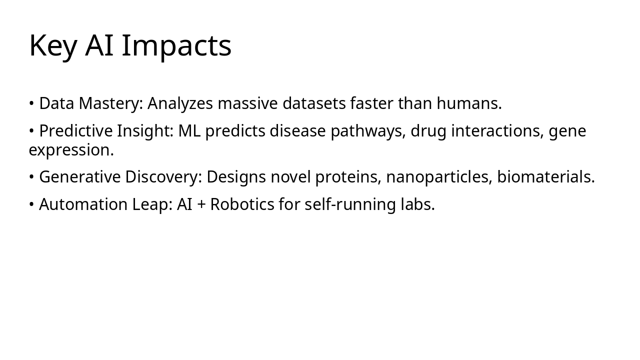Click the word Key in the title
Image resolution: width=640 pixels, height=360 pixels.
point(52,46)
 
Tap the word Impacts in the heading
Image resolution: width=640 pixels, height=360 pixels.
point(176,46)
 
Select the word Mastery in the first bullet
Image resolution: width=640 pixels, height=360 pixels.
point(110,103)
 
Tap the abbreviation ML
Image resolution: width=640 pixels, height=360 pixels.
point(189,131)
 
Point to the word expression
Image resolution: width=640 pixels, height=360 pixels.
point(71,150)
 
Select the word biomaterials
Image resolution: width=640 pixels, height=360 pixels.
point(545,177)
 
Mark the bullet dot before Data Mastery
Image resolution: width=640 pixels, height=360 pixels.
point(31,104)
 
